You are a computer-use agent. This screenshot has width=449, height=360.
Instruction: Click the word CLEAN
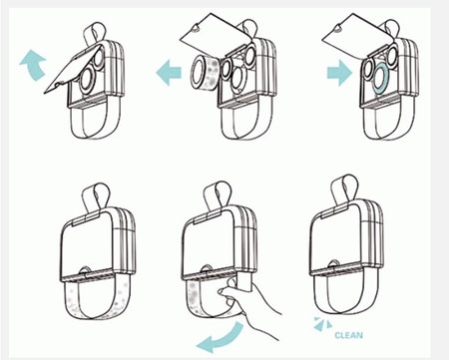(x=348, y=335)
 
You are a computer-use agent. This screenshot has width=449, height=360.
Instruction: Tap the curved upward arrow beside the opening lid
(x=33, y=64)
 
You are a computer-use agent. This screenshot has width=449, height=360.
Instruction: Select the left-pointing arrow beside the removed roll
(x=169, y=72)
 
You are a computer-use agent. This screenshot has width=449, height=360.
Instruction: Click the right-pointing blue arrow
(x=339, y=73)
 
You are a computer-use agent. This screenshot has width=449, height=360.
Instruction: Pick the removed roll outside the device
(x=205, y=73)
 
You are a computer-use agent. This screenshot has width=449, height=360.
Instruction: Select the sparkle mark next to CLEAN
(x=322, y=324)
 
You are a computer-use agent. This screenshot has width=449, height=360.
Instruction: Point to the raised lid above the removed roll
(x=215, y=38)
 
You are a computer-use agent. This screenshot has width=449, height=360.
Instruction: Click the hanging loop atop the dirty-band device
(x=96, y=196)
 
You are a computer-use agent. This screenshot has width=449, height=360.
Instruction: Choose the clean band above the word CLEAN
(x=346, y=302)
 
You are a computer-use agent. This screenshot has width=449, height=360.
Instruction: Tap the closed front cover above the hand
(x=211, y=244)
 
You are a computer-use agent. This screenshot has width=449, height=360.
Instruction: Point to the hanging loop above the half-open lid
(x=94, y=33)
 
